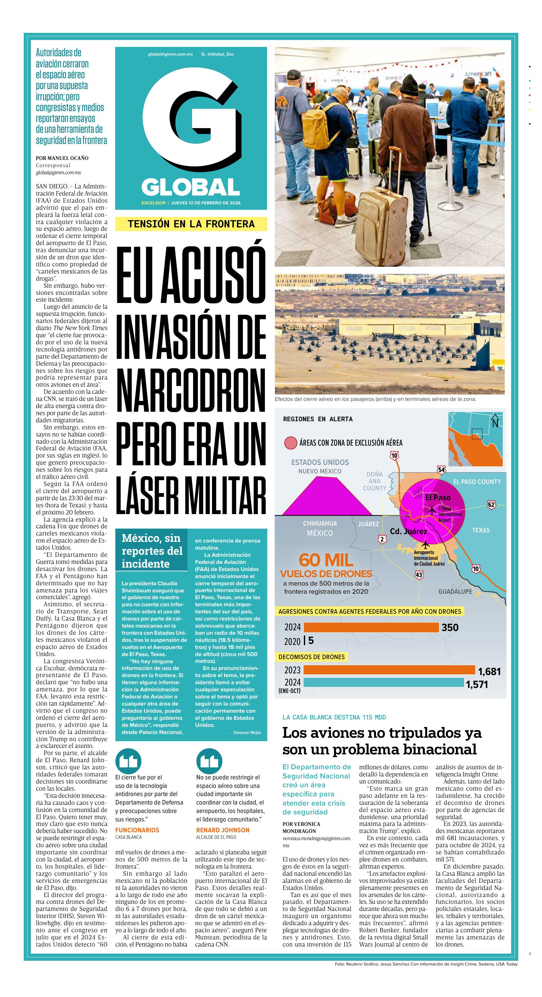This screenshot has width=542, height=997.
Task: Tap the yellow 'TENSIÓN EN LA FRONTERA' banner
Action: pyautogui.click(x=191, y=224)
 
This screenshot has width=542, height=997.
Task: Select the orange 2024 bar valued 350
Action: pyautogui.click(x=371, y=627)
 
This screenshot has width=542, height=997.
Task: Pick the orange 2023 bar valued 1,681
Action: pyautogui.click(x=389, y=670)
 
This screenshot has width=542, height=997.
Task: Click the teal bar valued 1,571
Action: pyautogui.click(x=383, y=682)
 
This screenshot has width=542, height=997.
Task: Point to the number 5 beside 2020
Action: pyautogui.click(x=311, y=640)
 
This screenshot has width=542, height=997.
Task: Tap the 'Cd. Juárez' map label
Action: pyautogui.click(x=408, y=531)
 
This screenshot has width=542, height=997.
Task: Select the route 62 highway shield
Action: pyautogui.click(x=491, y=505)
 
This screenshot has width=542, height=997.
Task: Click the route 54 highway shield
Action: pyautogui.click(x=441, y=470)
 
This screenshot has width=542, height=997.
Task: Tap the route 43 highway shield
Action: pyautogui.click(x=419, y=575)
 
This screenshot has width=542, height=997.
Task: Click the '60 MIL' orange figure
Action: pyautogui.click(x=326, y=560)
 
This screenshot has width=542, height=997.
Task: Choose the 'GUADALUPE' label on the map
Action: pyautogui.click(x=455, y=591)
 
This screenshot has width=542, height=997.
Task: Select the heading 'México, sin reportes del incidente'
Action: pyautogui.click(x=152, y=550)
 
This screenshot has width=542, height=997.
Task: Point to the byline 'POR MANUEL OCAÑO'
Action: pyautogui.click(x=62, y=158)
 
